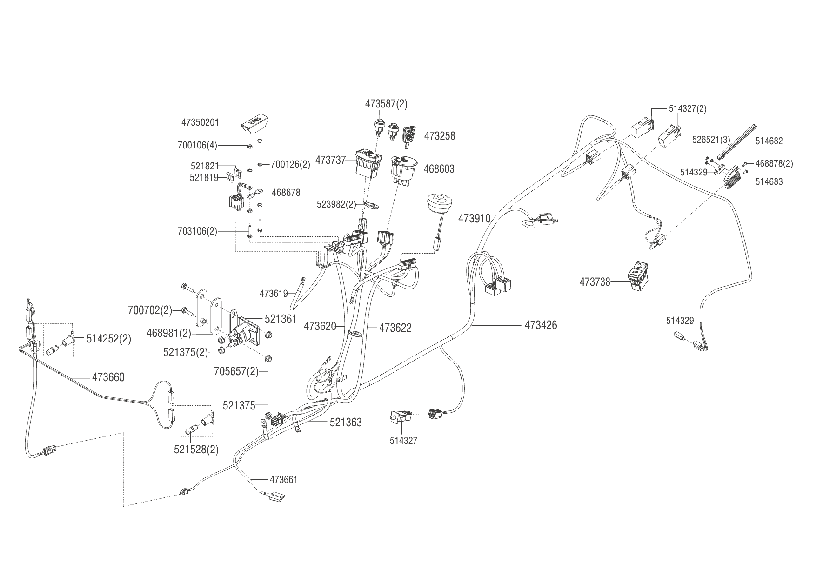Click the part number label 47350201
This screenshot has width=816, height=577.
pyautogui.click(x=200, y=122)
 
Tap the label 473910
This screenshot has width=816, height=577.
pyautogui.click(x=475, y=218)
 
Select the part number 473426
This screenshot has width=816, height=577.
pyautogui.click(x=541, y=325)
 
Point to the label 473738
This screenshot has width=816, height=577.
pyautogui.click(x=595, y=282)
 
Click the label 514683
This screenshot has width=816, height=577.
pyautogui.click(x=769, y=181)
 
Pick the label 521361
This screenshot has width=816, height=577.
pyautogui.click(x=281, y=319)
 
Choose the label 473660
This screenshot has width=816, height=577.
pyautogui.click(x=108, y=377)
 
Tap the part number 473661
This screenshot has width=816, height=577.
pyautogui.click(x=283, y=479)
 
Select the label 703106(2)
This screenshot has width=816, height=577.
pyautogui.click(x=197, y=231)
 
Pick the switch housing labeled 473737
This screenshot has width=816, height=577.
pyautogui.click(x=369, y=163)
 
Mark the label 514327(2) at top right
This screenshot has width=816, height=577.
pyautogui.click(x=688, y=108)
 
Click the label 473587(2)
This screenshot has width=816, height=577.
pyautogui.click(x=386, y=104)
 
